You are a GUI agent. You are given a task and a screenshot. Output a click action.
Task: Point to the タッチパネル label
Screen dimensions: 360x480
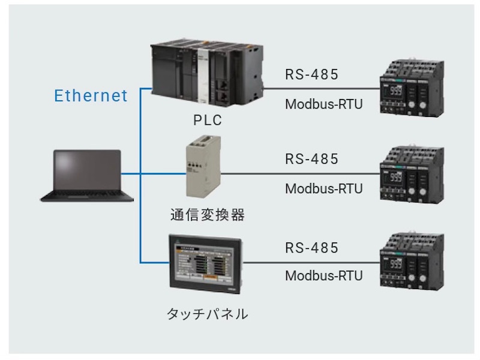click(206, 313)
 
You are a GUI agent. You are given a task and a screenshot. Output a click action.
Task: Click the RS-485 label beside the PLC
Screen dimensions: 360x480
click(312, 74)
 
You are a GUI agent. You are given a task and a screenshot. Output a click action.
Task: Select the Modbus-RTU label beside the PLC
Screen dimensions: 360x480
click(324, 104)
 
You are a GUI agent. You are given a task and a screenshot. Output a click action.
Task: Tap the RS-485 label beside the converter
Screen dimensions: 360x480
click(312, 159)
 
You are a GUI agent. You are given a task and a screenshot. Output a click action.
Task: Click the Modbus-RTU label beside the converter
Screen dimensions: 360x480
click(324, 188)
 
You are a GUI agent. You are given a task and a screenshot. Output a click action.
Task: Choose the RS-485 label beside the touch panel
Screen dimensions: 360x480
click(312, 247)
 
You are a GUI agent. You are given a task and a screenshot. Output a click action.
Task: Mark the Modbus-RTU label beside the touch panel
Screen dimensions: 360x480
click(324, 276)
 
